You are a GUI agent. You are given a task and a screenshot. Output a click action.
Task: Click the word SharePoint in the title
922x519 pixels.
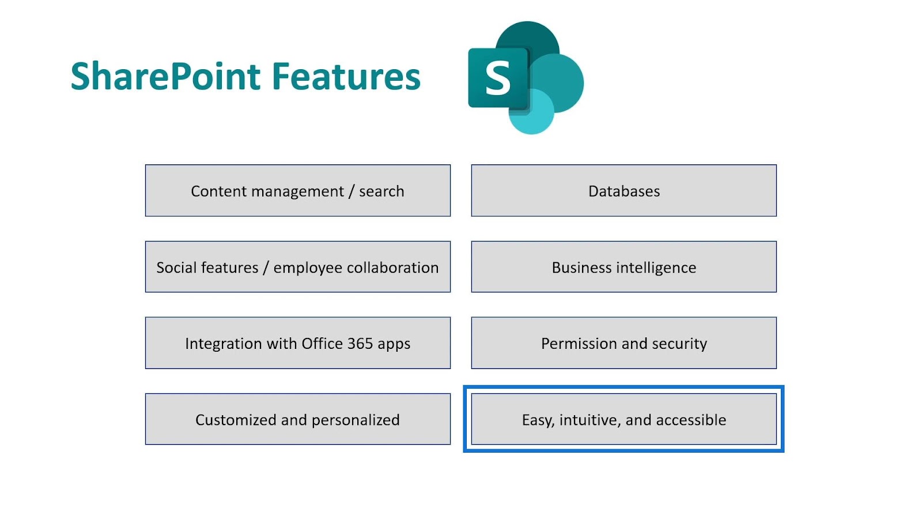coord(165,76)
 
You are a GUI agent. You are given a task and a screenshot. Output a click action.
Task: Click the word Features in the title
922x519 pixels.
coord(346,76)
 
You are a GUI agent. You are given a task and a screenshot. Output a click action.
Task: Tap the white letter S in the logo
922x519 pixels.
coord(498,77)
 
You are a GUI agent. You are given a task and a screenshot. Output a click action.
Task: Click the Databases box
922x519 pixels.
coord(624,190)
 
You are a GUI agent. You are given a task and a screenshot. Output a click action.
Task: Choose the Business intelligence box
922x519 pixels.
coord(624,266)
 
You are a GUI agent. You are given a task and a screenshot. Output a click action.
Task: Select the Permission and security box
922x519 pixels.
coord(624,343)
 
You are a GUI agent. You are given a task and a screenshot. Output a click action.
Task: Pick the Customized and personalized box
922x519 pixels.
coord(297,419)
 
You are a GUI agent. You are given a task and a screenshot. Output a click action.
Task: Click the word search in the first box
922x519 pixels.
coord(381,191)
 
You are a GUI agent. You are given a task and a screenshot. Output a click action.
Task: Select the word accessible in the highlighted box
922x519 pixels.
coord(691,420)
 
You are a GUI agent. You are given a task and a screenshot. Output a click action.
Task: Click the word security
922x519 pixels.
coord(679,344)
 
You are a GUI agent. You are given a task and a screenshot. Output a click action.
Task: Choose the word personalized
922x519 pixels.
coord(356,420)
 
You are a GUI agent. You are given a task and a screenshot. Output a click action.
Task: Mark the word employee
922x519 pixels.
coord(308,268)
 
